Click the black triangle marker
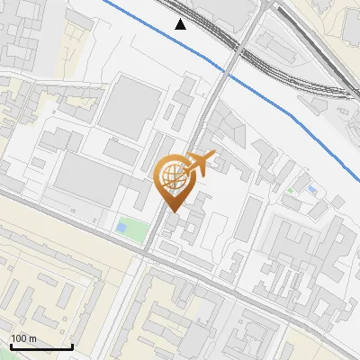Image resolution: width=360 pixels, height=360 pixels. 181,23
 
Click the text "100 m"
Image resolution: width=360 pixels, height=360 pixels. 22,338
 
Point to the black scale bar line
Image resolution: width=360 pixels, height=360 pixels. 41,346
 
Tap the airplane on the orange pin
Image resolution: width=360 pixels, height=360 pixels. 201,163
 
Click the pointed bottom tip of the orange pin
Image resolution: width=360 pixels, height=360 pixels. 172,211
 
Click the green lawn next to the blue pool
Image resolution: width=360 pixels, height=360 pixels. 136,230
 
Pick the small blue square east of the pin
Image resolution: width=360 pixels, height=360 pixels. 311,190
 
